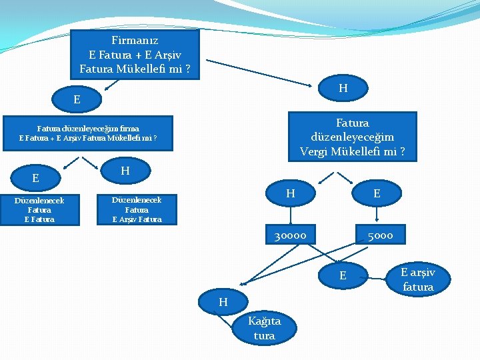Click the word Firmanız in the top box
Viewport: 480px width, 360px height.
135,40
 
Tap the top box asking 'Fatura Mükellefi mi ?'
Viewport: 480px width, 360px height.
135,54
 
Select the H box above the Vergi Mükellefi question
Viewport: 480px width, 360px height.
343,88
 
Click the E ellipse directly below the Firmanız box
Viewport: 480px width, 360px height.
77,99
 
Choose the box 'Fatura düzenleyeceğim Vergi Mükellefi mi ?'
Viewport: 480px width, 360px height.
352,137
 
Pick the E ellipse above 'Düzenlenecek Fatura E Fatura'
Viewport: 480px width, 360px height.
35,178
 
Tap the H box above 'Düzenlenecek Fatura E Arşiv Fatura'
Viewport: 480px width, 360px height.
125,171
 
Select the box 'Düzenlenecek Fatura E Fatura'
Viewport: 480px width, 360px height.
39,209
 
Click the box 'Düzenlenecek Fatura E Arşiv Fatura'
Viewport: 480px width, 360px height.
137,209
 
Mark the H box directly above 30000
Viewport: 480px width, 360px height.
290,193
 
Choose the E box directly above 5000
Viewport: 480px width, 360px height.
377,193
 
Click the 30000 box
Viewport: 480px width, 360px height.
290,235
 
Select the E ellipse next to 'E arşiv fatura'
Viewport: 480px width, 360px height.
343,275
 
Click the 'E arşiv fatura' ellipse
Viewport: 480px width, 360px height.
418,279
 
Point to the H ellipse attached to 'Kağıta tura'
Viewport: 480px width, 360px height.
223,302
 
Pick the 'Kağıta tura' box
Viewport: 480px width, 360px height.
264,328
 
